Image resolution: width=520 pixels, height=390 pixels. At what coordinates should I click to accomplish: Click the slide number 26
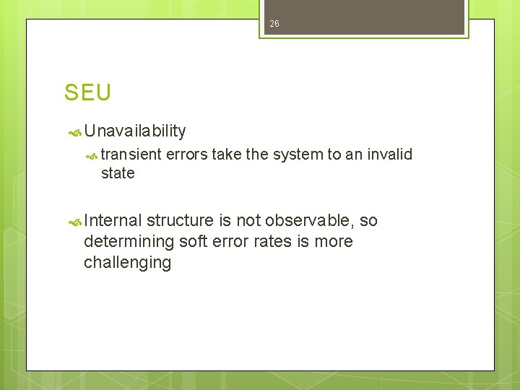click(x=274, y=25)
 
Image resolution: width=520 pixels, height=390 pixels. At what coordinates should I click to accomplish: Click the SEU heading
click(x=87, y=93)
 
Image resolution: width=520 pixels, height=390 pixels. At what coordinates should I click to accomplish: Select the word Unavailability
click(x=135, y=131)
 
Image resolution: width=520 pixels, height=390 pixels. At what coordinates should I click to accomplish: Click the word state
click(x=118, y=173)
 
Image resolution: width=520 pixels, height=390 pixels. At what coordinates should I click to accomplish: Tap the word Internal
click(x=113, y=220)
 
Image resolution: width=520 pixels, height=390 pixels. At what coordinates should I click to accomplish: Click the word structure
click(x=180, y=220)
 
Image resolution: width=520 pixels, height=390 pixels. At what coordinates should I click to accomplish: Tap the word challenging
click(x=127, y=262)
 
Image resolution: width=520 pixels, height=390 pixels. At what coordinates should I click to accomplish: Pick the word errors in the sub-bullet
click(x=186, y=154)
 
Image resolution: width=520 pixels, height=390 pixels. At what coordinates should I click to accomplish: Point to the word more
click(x=331, y=241)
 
